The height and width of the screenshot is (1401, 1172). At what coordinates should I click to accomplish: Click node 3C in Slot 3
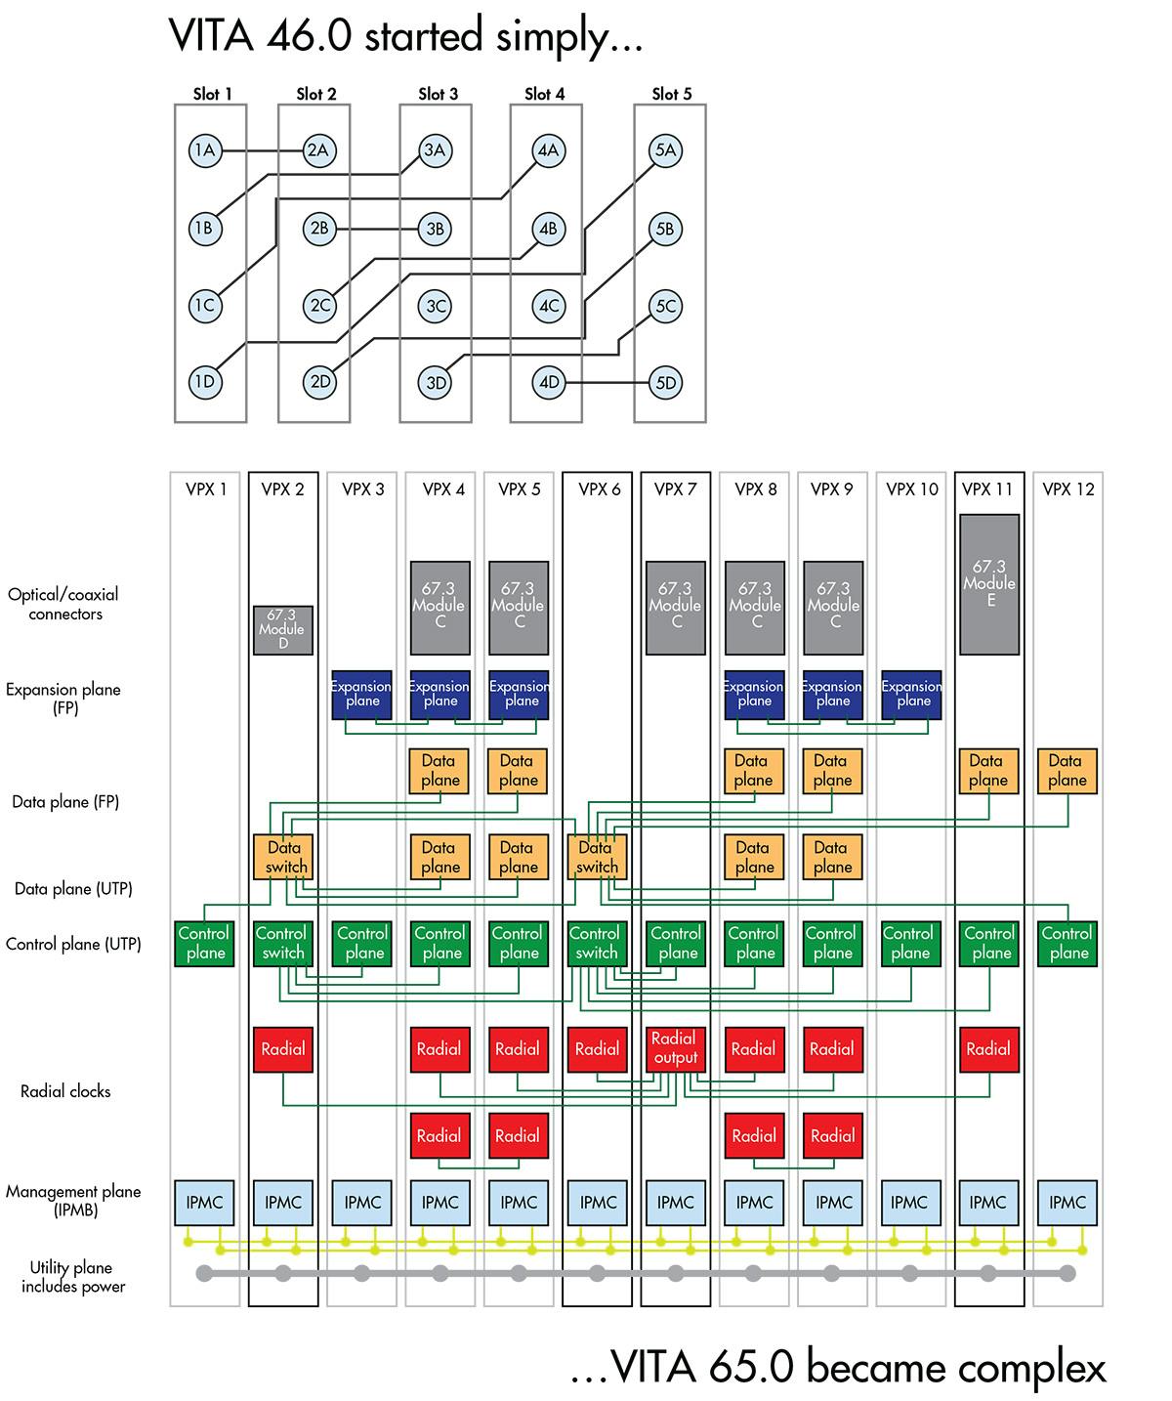pos(436,306)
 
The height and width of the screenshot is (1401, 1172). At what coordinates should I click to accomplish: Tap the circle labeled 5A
pos(665,150)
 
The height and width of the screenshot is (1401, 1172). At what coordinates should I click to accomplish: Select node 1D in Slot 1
pos(204,382)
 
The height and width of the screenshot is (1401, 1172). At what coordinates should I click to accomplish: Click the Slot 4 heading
pos(544,94)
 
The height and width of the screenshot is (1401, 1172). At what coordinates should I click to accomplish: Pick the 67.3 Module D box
pos(282,629)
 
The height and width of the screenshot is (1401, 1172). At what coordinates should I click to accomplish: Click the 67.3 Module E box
pos(989,584)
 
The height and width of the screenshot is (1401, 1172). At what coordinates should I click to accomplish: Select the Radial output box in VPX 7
pos(674,1048)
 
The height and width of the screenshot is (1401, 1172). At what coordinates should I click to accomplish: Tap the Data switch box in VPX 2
pos(284,857)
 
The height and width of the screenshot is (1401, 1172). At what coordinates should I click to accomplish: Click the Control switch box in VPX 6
pos(596,944)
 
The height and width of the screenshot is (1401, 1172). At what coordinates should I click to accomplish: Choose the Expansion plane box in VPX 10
pos(912,694)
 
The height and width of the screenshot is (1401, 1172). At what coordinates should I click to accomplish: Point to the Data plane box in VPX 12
pos(1067,771)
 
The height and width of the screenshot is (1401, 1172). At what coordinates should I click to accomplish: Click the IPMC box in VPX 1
pos(204,1203)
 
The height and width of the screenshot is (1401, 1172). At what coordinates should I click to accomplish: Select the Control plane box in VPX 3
pos(362,944)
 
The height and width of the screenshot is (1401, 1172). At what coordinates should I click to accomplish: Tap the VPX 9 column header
pos(832,489)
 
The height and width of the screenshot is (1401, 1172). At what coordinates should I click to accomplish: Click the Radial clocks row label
pos(65,1091)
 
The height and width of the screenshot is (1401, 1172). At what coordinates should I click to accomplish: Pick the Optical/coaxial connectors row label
pos(64,604)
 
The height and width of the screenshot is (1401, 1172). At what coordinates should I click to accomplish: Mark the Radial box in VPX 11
pos(988,1049)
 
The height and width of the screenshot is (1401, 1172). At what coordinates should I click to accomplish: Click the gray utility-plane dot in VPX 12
pos(1067,1273)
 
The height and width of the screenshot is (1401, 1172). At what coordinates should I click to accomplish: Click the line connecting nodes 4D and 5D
pos(607,383)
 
